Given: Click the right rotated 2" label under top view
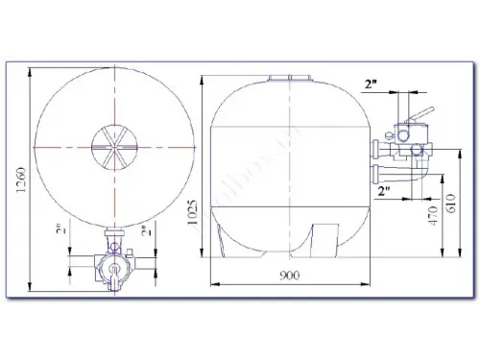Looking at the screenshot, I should click(x=144, y=231).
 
